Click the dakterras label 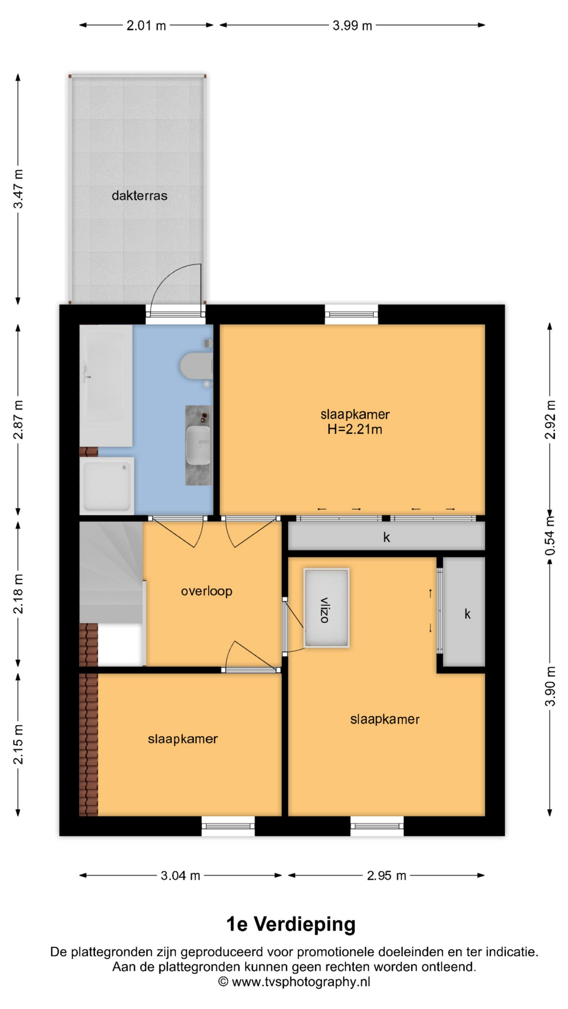coord(139,195)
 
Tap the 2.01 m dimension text coord(146,25)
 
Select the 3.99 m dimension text coord(352,25)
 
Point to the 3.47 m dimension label coord(18,189)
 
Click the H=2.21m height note coord(355,429)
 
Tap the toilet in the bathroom coord(196,366)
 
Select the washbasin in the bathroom coord(198,445)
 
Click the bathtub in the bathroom coord(106,386)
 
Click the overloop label coord(207,591)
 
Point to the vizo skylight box coord(327,608)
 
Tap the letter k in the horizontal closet coord(387,537)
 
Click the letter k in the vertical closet coord(467,614)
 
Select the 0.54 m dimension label coord(550,536)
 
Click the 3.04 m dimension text coord(180,876)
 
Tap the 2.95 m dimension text coord(387,876)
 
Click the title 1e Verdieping coord(291,924)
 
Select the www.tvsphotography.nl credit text coord(301,982)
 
